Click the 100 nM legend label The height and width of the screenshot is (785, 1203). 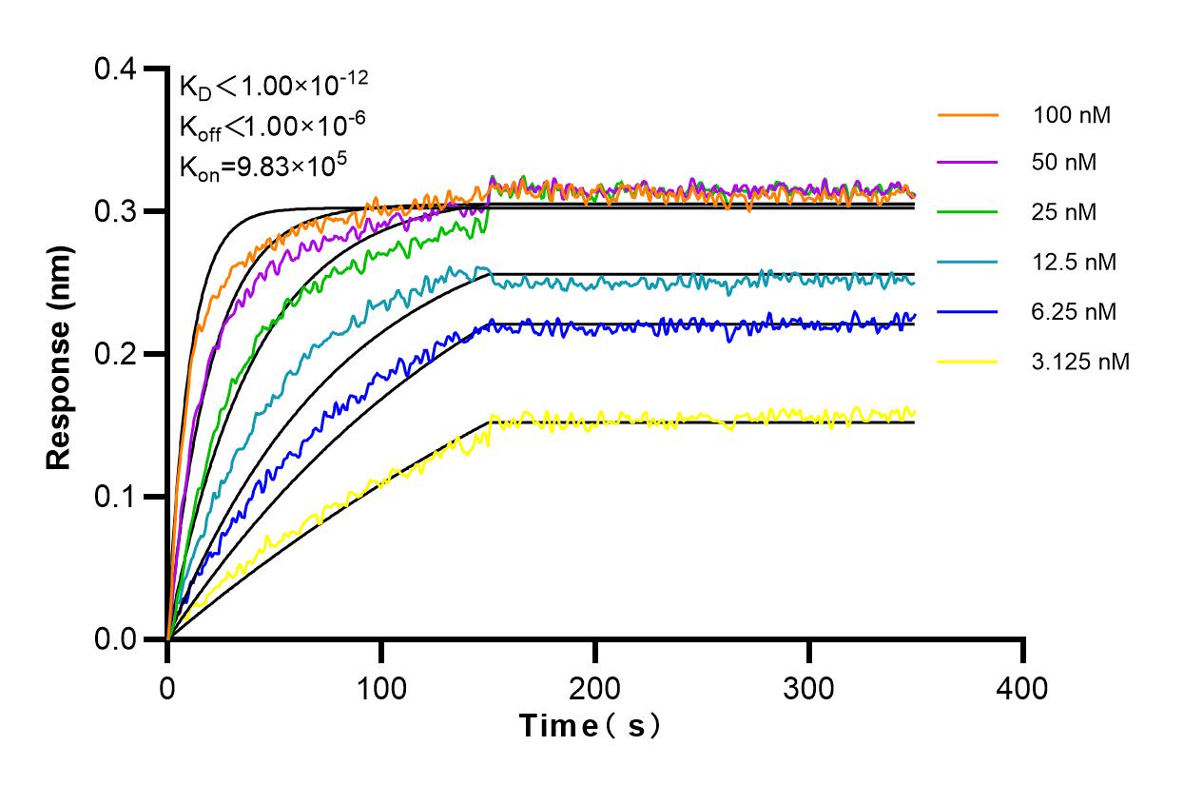pos(1072,115)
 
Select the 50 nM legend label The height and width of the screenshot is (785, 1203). pos(1064,163)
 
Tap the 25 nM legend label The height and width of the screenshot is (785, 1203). pos(1064,212)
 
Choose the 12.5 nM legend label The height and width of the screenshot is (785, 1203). pos(1074,262)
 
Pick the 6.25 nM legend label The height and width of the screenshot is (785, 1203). pos(1074,311)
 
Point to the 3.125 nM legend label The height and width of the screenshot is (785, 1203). pos(1080,362)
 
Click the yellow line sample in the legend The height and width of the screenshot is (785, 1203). pos(967,362)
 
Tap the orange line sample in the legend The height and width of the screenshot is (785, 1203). pos(967,115)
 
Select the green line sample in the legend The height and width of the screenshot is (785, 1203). pos(967,212)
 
